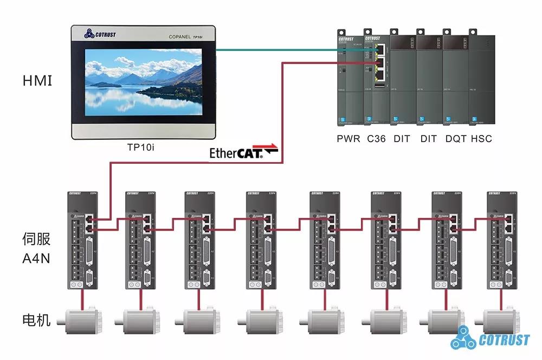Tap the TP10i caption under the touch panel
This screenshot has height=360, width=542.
click(x=141, y=146)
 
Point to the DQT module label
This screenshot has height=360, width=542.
click(x=456, y=139)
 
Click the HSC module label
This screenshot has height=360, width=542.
click(x=481, y=139)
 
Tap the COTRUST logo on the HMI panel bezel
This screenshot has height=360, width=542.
click(x=100, y=34)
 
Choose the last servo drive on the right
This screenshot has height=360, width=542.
click(x=500, y=239)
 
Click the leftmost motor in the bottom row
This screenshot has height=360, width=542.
click(x=81, y=319)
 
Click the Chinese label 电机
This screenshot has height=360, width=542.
click(x=37, y=319)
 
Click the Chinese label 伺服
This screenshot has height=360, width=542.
click(x=37, y=239)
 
